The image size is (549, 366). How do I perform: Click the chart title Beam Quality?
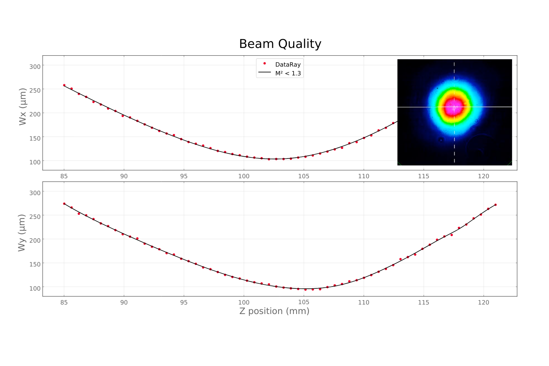point(280,44)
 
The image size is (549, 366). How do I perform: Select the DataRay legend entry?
point(288,64)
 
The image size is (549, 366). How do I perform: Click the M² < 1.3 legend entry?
point(288,73)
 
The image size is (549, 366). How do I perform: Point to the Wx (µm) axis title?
point(23,107)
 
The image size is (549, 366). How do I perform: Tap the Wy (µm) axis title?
point(22,233)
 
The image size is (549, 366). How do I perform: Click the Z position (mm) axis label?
point(274,311)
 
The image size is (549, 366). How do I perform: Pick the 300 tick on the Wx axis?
point(35,66)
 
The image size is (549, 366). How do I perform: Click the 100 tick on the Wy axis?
point(35,288)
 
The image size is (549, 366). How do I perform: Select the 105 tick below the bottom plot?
point(304,302)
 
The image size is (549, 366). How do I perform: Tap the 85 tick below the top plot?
point(64,176)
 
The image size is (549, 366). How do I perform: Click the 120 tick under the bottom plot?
point(483,302)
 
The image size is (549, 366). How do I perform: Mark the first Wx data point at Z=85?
point(64,85)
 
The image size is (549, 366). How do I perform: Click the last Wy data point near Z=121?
point(496,205)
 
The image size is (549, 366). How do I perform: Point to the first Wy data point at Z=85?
point(64,204)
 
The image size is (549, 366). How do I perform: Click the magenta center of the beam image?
point(454,108)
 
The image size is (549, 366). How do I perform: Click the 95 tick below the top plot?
point(184,176)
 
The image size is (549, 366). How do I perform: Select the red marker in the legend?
point(265,64)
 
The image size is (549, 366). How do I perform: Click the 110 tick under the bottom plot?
point(364,302)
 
